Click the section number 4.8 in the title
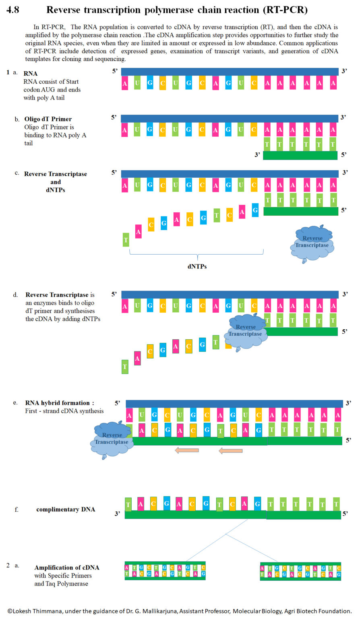(x=12, y=10)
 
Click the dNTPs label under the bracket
(x=197, y=266)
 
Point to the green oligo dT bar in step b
(x=300, y=156)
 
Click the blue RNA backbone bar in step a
(x=230, y=72)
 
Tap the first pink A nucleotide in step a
(x=125, y=83)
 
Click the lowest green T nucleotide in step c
(x=126, y=240)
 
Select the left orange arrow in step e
(x=187, y=450)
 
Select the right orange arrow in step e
(x=231, y=451)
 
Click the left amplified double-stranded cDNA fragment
(x=165, y=571)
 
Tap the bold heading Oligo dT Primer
(x=48, y=119)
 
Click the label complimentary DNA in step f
(x=66, y=509)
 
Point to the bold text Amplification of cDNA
(x=66, y=567)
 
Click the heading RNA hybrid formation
(x=59, y=403)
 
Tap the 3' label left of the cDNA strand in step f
(x=117, y=514)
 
